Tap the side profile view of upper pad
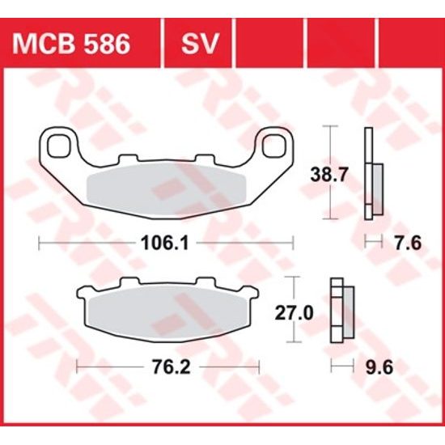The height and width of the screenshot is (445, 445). (371, 173)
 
